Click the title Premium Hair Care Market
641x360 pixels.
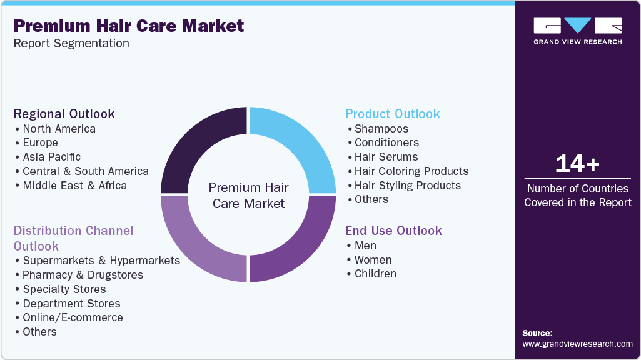click(x=129, y=26)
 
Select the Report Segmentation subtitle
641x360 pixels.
click(x=71, y=44)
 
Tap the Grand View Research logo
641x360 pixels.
click(x=577, y=31)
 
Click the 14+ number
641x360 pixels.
click(x=577, y=164)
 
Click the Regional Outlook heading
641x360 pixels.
click(x=64, y=114)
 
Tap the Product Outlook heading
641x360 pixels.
click(x=393, y=114)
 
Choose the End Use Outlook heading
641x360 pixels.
click(x=393, y=231)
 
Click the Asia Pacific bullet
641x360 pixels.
click(x=52, y=157)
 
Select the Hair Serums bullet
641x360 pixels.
click(x=386, y=157)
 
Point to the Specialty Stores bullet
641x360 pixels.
click(x=64, y=289)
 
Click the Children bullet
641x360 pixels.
click(x=375, y=274)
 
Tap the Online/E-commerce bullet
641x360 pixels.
click(x=73, y=317)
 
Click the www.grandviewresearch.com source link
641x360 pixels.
click(x=577, y=344)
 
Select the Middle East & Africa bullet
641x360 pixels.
click(x=74, y=186)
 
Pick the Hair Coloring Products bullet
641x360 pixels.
click(x=411, y=171)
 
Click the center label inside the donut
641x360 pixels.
click(x=249, y=195)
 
